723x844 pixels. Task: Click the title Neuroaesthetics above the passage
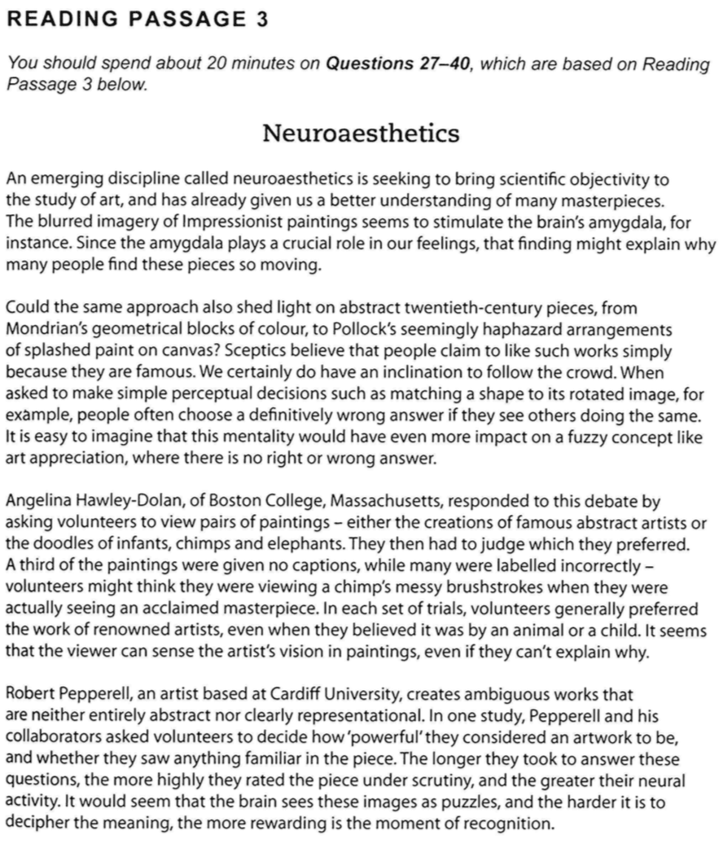[361, 133]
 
